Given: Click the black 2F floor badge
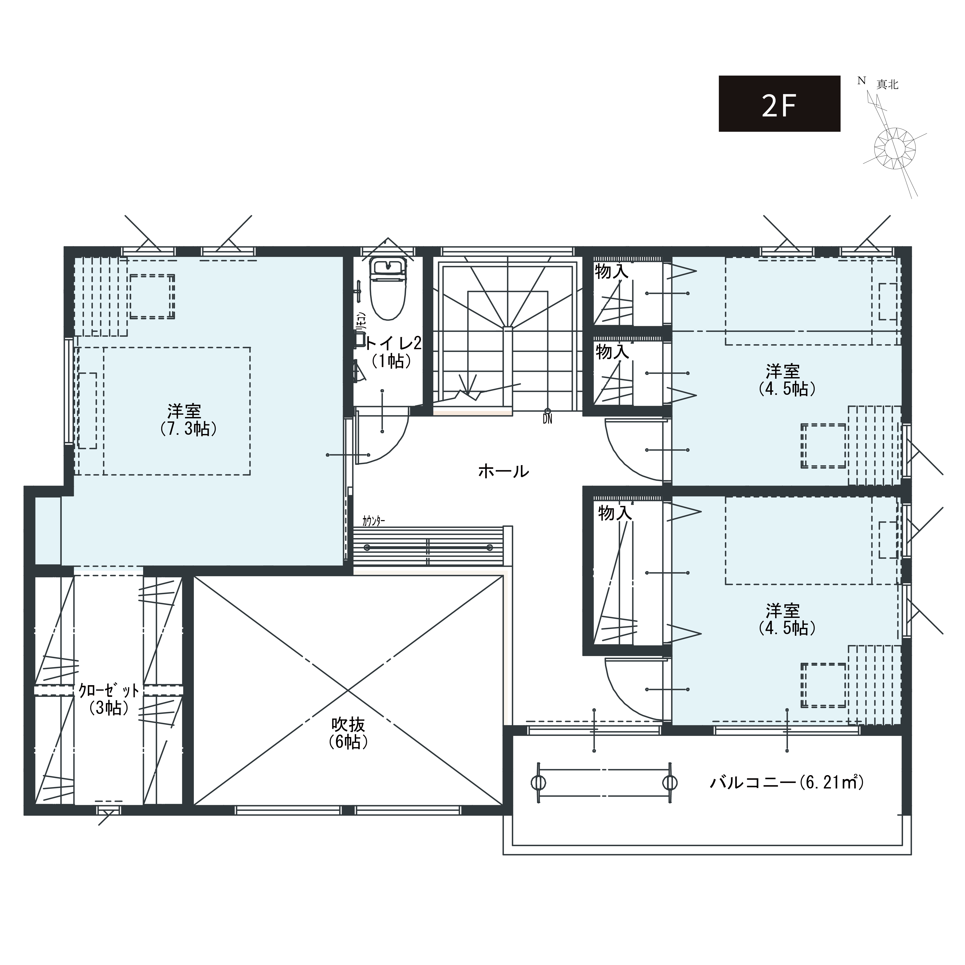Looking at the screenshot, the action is coord(779,104).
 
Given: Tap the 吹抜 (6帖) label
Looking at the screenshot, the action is coord(349,733).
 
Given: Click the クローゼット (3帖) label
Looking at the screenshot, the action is coord(109,699).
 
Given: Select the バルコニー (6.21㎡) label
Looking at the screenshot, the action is coord(787,782).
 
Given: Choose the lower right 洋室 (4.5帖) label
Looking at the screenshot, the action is coord(787,619).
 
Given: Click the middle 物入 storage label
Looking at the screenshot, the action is coord(612,352).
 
